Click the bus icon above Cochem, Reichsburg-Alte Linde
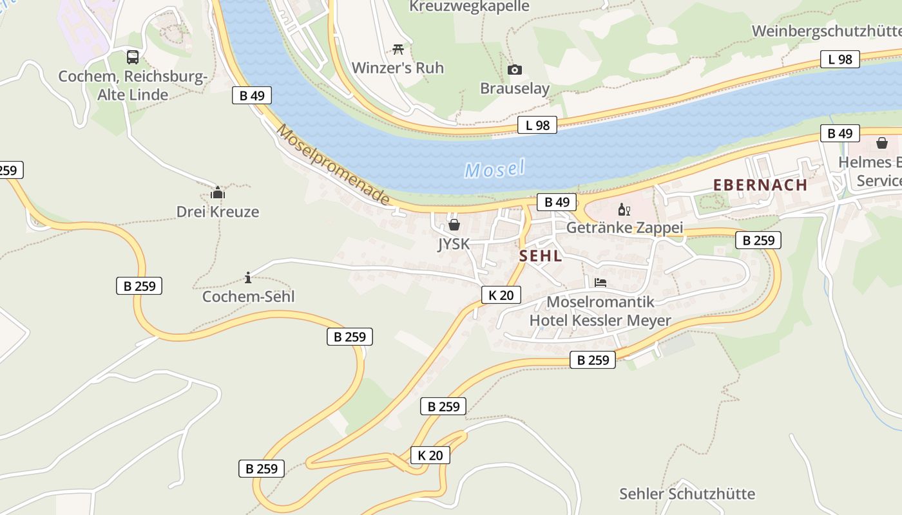[x=133, y=57]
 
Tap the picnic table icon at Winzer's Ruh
[x=398, y=49]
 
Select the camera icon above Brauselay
[x=514, y=70]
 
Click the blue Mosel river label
[x=494, y=169]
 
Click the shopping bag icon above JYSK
[x=454, y=225]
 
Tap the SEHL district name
[x=541, y=256]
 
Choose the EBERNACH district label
[x=760, y=185]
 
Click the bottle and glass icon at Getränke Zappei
[x=624, y=209]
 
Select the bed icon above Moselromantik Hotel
[x=600, y=282]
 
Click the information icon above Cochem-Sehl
[x=248, y=277]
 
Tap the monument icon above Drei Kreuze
[x=218, y=192]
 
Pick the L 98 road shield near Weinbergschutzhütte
[x=840, y=59]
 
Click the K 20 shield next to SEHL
[x=501, y=295]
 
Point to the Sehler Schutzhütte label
[x=687, y=494]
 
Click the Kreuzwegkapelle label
[x=469, y=6]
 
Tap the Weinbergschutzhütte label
[x=826, y=31]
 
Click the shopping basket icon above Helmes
[x=881, y=143]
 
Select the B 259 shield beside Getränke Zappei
[x=758, y=240]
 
